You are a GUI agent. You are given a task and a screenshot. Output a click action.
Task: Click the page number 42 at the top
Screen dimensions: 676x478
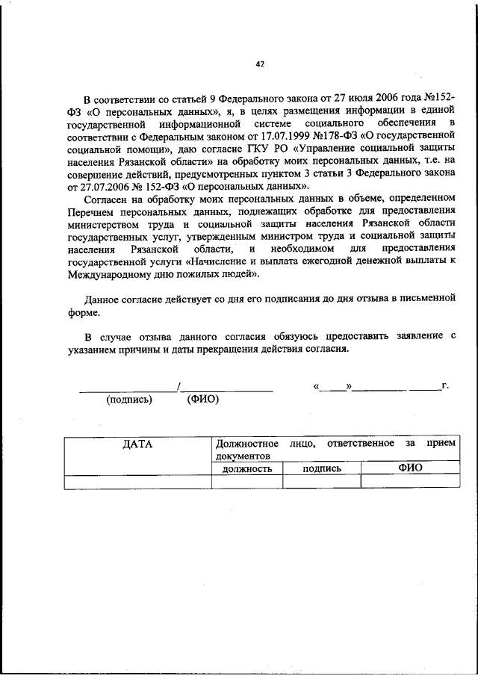259,64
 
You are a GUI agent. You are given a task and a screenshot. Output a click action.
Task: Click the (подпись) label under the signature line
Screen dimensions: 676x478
129,400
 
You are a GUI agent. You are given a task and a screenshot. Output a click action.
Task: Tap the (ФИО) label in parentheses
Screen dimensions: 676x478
202,400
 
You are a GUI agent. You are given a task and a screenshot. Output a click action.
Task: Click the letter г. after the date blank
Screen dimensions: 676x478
444,385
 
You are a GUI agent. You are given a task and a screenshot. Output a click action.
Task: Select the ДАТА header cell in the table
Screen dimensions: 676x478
137,444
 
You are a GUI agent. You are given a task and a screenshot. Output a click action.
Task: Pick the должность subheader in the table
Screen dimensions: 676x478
246,469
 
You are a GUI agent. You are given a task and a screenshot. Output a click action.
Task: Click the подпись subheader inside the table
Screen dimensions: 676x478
321,469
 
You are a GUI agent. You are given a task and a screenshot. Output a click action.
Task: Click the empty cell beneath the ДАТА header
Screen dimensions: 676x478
137,482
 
